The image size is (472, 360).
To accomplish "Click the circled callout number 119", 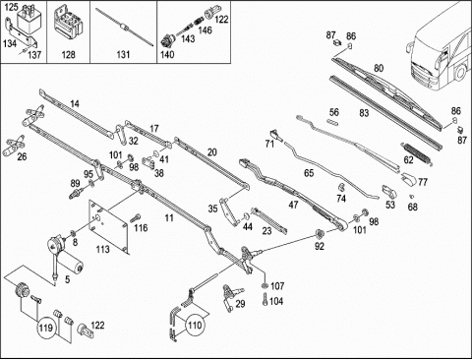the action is pyautogui.click(x=45, y=328).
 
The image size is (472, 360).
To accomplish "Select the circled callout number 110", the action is pyautogui.click(x=195, y=326).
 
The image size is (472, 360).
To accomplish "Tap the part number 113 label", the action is pyautogui.click(x=102, y=250).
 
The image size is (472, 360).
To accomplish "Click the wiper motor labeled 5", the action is pyautogui.click(x=65, y=257).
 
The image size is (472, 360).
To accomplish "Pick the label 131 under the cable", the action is pyautogui.click(x=123, y=54).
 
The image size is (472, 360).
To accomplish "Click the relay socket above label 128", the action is pyautogui.click(x=69, y=25).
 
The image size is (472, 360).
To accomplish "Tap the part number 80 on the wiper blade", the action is pyautogui.click(x=379, y=68).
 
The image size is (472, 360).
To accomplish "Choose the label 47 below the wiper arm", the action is pyautogui.click(x=293, y=205).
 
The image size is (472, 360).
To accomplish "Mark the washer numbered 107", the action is pyautogui.click(x=265, y=286).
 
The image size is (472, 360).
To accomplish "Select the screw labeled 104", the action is pyautogui.click(x=265, y=299).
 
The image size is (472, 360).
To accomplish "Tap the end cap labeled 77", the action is pyautogui.click(x=408, y=179).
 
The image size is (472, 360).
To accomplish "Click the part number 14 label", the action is pyautogui.click(x=75, y=104).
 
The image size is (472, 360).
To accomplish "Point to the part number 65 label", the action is pyautogui.click(x=309, y=173).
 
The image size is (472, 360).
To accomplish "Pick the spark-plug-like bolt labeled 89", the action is pyautogui.click(x=75, y=194).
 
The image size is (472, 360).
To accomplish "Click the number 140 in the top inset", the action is pyautogui.click(x=167, y=54).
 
